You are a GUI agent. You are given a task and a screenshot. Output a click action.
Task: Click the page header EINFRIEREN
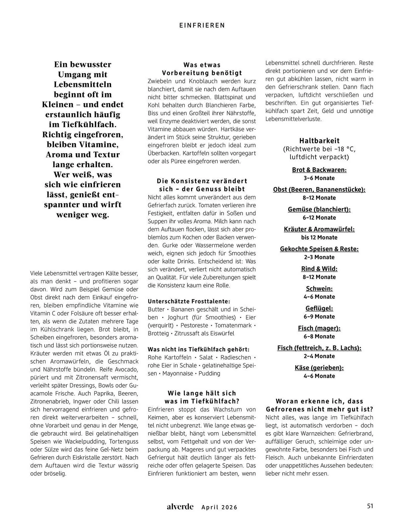click(202, 25)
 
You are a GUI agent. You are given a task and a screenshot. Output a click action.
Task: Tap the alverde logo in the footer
click(180, 507)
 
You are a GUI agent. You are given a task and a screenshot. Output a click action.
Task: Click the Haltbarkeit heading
click(319, 141)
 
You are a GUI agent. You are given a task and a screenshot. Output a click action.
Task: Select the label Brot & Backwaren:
click(319, 170)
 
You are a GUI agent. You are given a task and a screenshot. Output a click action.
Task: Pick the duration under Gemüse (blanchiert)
click(319, 217)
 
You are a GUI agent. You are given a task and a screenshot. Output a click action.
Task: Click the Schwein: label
click(319, 288)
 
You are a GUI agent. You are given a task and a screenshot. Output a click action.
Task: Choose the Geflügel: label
click(319, 308)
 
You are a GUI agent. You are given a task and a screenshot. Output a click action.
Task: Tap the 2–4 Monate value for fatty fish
click(319, 356)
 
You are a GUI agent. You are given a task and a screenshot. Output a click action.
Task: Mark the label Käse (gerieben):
click(319, 368)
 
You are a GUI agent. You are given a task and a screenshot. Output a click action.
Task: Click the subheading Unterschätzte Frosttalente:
click(189, 301)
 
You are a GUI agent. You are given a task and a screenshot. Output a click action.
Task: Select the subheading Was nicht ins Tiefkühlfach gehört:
click(198, 349)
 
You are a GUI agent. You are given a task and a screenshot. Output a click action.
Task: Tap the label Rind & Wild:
click(319, 269)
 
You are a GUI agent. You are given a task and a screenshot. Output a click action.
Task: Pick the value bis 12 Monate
click(319, 237)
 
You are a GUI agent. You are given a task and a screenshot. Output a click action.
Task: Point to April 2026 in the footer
click(219, 507)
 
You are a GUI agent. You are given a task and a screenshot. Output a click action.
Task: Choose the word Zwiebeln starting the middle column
click(159, 81)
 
